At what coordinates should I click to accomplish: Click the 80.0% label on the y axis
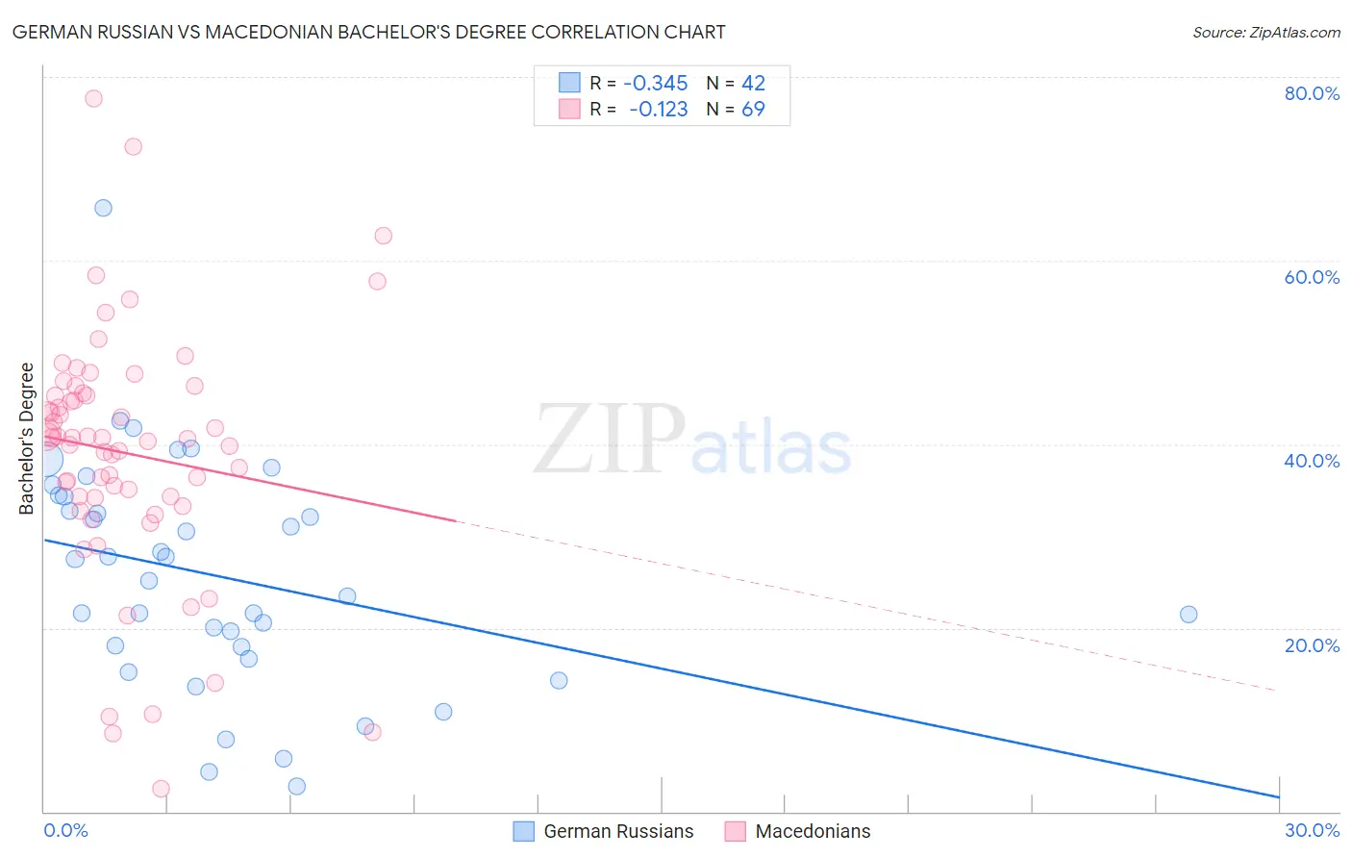point(1312,93)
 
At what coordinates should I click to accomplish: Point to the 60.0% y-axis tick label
point(1312,277)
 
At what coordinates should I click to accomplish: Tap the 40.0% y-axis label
point(1312,461)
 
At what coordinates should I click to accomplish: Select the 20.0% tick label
point(1312,645)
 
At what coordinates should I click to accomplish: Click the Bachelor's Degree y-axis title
point(27,438)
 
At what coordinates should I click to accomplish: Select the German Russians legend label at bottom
point(618,831)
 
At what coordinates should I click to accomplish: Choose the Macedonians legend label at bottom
point(813,831)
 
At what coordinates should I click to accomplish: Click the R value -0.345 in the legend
point(656,84)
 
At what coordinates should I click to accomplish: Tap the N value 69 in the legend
point(753,110)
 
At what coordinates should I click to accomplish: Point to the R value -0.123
point(659,110)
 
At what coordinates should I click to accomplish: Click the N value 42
point(753,84)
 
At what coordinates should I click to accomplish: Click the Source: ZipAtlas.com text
point(1265,33)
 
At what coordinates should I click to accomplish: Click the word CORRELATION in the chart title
point(596,32)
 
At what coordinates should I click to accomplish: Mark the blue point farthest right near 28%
point(1189,615)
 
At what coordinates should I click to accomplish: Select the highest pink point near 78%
point(93,98)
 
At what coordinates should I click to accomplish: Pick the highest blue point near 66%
point(103,209)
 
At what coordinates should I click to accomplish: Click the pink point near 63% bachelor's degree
point(383,236)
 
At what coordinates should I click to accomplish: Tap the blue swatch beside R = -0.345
point(569,84)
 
